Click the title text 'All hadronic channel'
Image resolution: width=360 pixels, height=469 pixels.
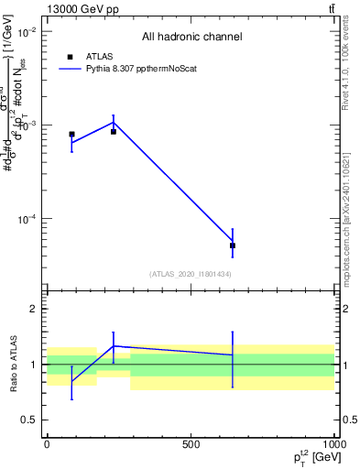pyautogui.click(x=191, y=37)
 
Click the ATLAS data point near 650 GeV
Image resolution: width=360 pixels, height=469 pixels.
pyautogui.click(x=233, y=245)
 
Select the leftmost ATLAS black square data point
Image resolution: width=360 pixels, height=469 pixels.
pyautogui.click(x=71, y=134)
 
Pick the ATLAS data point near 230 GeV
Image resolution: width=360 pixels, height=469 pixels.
pyautogui.click(x=114, y=132)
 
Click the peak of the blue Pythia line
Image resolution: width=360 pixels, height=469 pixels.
pyautogui.click(x=114, y=122)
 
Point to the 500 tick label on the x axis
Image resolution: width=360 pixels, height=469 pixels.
pyautogui.click(x=191, y=443)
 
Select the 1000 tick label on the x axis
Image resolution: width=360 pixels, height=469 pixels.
pyautogui.click(x=334, y=443)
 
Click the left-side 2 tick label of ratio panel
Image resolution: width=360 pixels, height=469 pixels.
pyautogui.click(x=33, y=309)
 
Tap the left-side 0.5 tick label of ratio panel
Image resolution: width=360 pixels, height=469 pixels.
pyautogui.click(x=28, y=420)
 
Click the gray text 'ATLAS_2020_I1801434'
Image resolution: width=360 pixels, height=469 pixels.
pyautogui.click(x=191, y=274)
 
